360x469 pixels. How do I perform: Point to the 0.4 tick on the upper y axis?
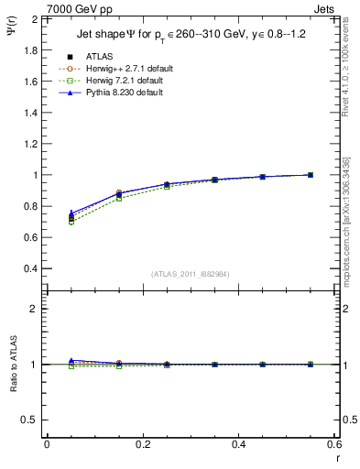tap(31, 268)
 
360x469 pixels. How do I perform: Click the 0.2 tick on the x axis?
tap(142, 443)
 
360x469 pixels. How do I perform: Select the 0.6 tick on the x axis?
tap(334, 443)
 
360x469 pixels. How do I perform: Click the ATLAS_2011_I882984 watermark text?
tap(190, 274)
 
